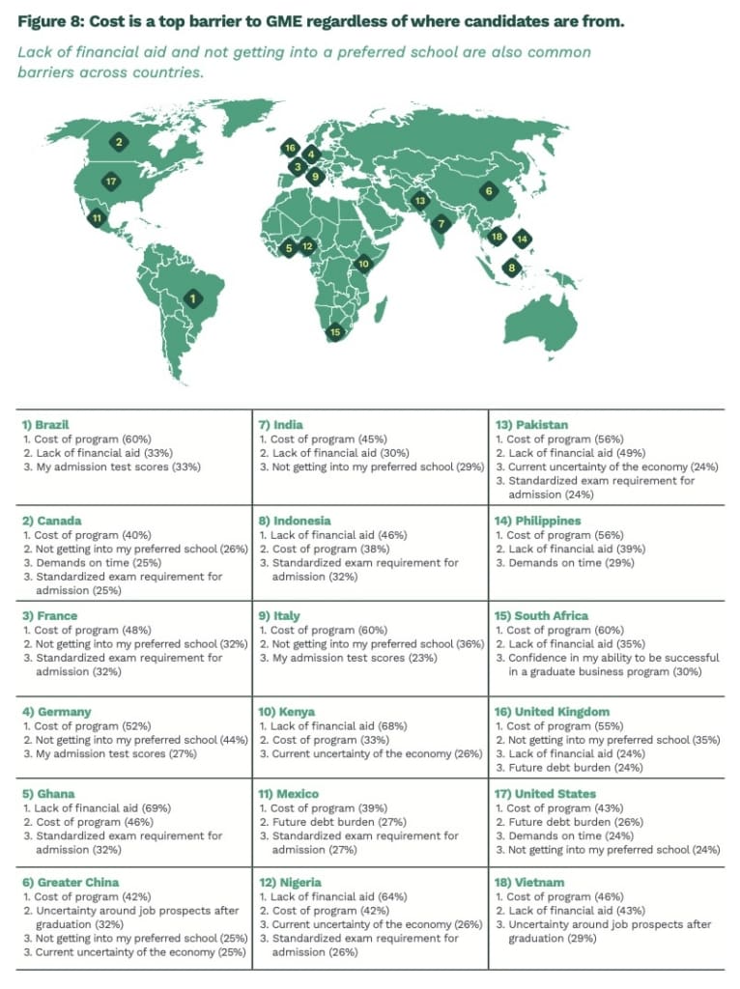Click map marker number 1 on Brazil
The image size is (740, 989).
[194, 299]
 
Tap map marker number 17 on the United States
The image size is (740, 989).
[111, 181]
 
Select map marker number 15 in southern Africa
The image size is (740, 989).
[335, 332]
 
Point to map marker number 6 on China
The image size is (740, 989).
[489, 191]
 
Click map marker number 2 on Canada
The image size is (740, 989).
[120, 143]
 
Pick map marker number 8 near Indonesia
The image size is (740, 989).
[512, 268]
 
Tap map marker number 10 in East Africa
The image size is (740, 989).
[363, 264]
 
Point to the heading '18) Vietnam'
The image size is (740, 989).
[530, 883]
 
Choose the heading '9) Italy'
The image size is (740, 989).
[280, 616]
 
